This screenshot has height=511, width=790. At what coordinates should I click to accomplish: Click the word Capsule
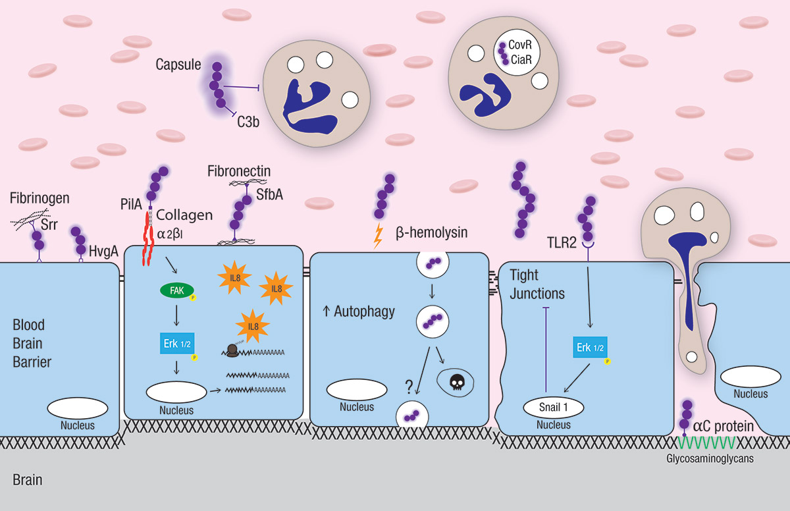pos(178,64)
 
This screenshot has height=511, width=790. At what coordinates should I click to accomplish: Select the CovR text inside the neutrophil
pos(520,47)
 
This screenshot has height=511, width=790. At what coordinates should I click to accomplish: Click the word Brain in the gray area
pos(27,480)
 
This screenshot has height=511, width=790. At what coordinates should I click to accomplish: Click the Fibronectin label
pos(239,171)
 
